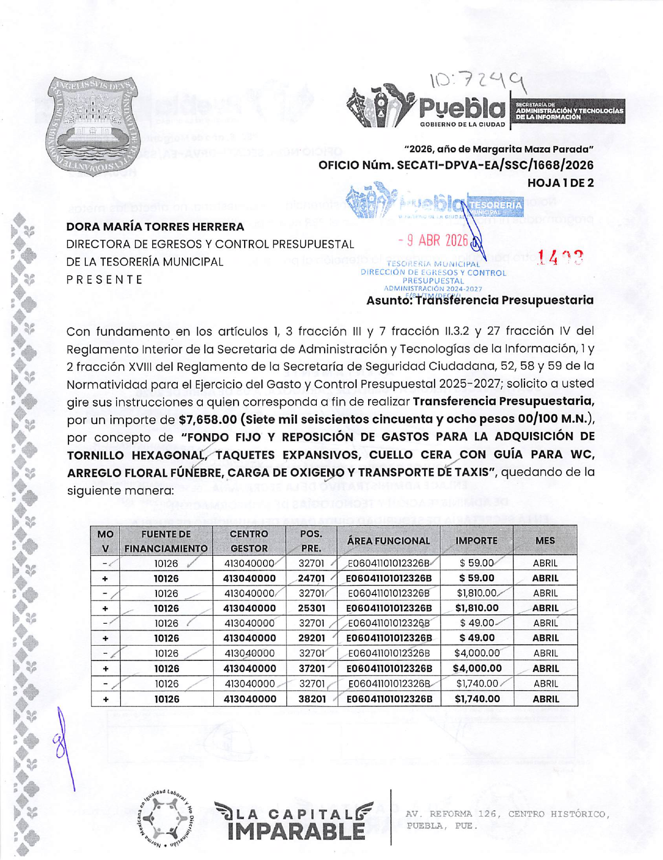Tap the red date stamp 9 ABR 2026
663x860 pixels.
pos(433,240)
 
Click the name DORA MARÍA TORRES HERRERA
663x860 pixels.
pos(155,227)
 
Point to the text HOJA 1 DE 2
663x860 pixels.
pos(560,183)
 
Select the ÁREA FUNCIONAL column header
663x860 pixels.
pos(388,541)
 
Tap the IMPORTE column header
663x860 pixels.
pos(476,541)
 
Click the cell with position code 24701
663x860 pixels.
pos(311,578)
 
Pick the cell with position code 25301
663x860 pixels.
pos(311,608)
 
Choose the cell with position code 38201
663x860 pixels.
pos(311,699)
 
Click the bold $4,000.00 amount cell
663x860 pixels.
pos(477,668)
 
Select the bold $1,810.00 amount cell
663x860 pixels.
pos(477,608)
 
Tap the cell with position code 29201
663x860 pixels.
pos(311,638)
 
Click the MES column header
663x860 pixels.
pos(545,541)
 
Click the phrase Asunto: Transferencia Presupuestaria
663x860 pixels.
pos(479,300)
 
